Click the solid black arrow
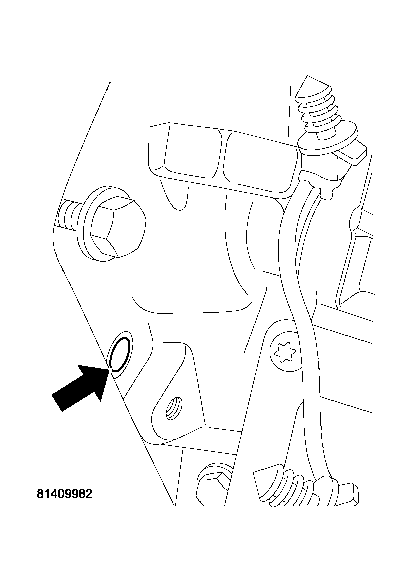coord(80,388)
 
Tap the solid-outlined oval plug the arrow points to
coord(120,355)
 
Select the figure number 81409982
coord(64,494)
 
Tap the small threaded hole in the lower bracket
coord(174,408)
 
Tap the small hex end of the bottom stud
coord(348,494)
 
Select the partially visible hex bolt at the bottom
coord(213,483)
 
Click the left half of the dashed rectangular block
coord(187,153)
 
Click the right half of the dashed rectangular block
coord(262,163)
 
